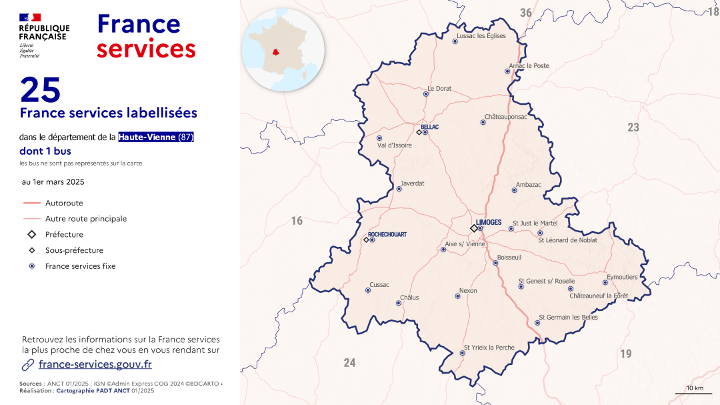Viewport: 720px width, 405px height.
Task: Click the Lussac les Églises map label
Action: coord(481,36)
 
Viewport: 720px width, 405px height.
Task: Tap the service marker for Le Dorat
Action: coord(426,94)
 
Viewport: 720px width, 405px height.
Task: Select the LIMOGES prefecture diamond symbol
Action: coord(474,228)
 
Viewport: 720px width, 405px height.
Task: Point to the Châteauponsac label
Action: coord(505,117)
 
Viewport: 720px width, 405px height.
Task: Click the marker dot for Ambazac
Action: coord(514,190)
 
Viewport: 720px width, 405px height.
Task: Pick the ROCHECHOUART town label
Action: coord(387,235)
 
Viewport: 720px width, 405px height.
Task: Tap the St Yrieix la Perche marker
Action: coord(462,353)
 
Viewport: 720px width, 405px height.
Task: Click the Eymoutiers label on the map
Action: coord(621,277)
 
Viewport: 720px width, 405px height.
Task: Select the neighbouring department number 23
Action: coord(633,127)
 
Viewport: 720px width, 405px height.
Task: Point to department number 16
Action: coord(297,221)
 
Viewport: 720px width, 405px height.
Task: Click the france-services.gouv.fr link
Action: coord(95,364)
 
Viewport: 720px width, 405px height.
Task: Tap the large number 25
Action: coord(40,89)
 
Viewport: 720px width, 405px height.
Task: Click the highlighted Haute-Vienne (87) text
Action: coord(156,137)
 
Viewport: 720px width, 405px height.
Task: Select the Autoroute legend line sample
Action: coord(32,203)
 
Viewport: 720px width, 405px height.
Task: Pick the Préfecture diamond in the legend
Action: coord(31,235)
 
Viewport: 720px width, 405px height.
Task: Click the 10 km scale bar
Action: coord(694,393)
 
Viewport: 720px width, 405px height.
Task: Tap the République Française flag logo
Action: coord(30,17)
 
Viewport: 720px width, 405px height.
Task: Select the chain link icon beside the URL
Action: coord(28,364)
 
